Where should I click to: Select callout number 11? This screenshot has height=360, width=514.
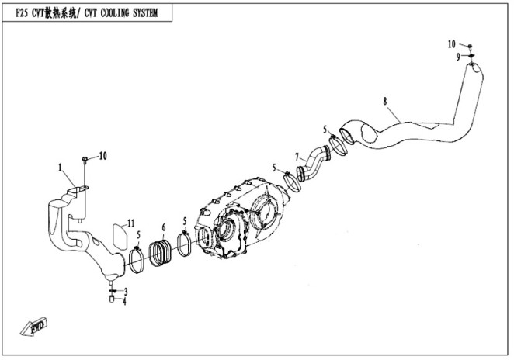132,223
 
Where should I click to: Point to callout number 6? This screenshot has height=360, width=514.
163,228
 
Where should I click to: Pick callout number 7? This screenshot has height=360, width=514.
297,157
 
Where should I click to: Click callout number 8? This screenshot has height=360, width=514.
384,101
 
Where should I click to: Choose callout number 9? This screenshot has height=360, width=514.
458,57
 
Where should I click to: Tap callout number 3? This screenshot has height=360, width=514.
124,291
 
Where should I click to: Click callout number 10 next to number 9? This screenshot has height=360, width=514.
452,43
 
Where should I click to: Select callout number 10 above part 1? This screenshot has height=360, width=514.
102,156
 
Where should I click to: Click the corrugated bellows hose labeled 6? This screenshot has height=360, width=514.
164,254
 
